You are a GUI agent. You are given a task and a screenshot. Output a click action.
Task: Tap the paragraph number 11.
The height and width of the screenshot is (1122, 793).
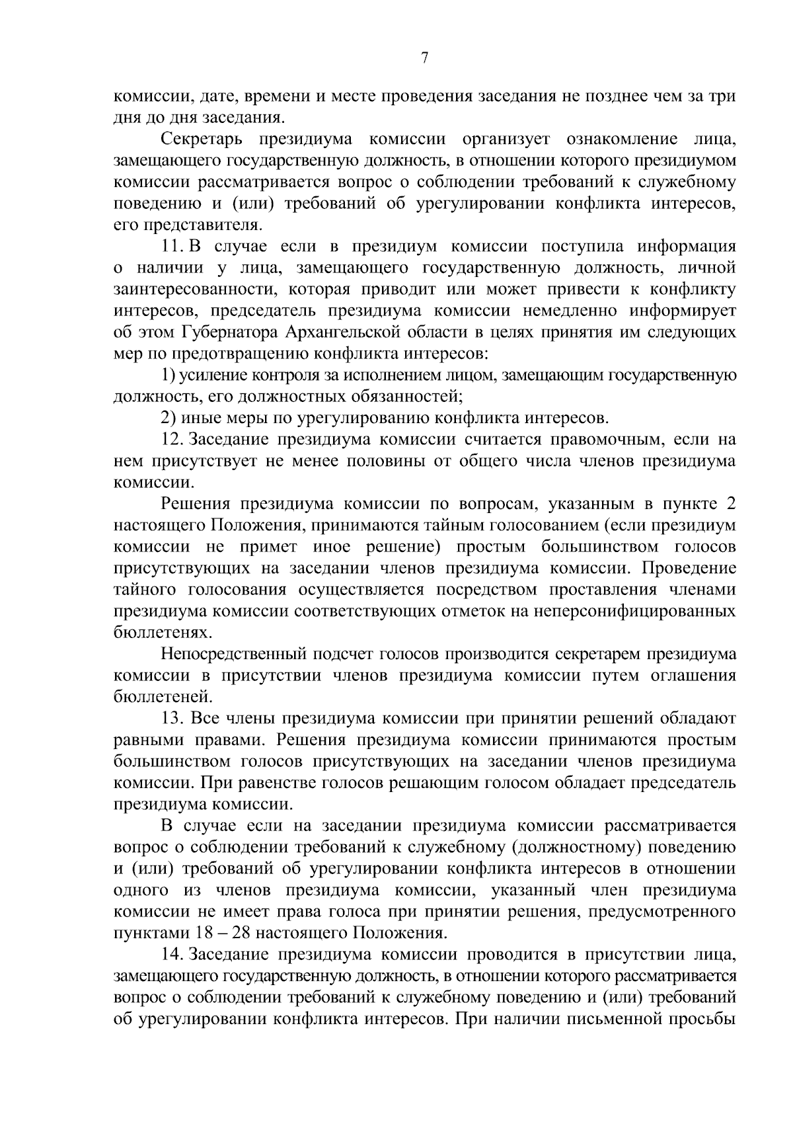point(172,247)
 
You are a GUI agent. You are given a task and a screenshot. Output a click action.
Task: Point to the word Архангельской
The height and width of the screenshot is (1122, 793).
point(344,332)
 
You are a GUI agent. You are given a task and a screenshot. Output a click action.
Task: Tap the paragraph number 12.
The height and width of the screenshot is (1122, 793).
point(172,439)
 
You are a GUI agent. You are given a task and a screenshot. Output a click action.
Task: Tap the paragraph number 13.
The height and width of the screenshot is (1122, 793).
point(172,718)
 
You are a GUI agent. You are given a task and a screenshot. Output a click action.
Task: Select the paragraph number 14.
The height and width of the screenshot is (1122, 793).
point(172,954)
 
